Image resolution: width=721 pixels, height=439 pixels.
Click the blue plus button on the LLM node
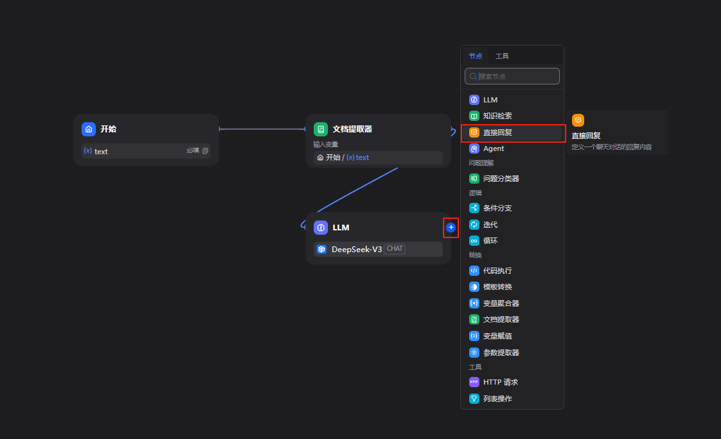pyautogui.click(x=451, y=227)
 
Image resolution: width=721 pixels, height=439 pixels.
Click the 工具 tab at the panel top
pyautogui.click(x=502, y=56)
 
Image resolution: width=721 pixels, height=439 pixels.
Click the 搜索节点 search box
pyautogui.click(x=512, y=76)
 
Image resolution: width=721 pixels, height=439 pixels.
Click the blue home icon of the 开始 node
pyautogui.click(x=89, y=129)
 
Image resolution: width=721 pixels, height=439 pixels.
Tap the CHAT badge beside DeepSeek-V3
pyautogui.click(x=394, y=248)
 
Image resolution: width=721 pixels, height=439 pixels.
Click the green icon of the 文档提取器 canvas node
pyautogui.click(x=320, y=129)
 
